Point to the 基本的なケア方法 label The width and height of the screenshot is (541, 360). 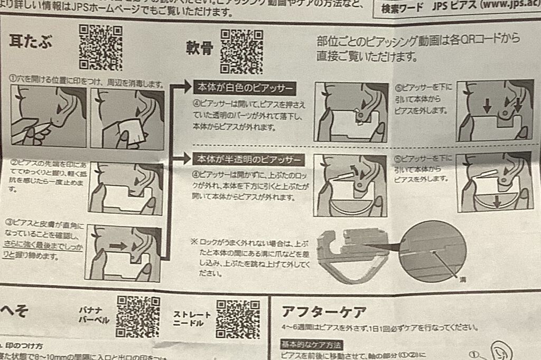311,345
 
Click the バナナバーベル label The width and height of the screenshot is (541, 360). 95,316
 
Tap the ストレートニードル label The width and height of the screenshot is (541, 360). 192,319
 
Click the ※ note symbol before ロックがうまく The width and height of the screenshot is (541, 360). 194,241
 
